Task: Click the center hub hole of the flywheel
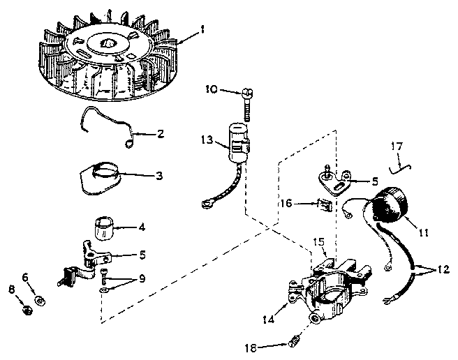(109, 43)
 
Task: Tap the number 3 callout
(158, 177)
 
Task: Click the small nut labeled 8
(24, 309)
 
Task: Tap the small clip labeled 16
(322, 204)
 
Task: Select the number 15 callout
(318, 241)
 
